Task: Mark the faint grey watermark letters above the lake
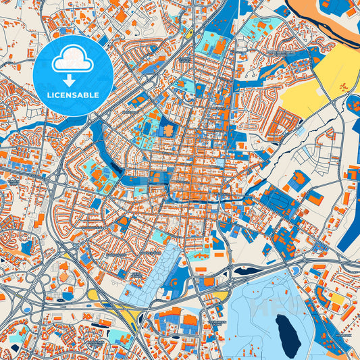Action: click(x=270, y=307)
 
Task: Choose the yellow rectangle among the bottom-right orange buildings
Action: click(x=336, y=297)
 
